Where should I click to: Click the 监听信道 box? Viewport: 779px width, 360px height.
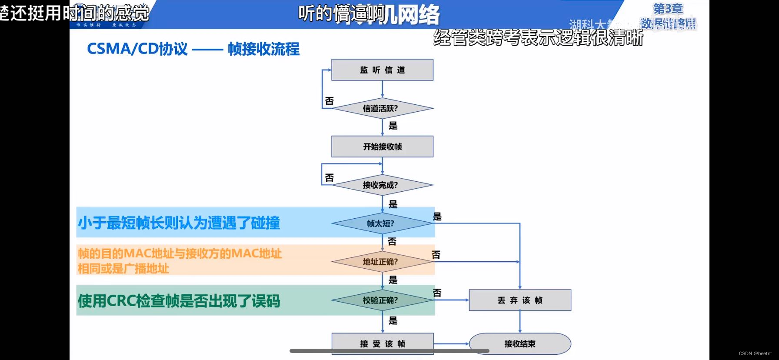tap(382, 70)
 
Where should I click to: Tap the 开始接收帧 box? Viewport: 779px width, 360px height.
tap(382, 147)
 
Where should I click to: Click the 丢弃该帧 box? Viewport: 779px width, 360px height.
tap(520, 300)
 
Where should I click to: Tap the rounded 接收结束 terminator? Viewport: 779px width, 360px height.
tap(520, 344)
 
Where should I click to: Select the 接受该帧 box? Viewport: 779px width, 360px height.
tap(382, 343)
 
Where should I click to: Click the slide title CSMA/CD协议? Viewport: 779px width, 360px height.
tap(137, 49)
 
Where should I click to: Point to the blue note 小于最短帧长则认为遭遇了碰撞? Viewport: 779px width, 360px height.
tap(179, 223)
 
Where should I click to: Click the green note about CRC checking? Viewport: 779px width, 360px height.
tap(179, 301)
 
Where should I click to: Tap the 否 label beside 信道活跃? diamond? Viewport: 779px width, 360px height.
tap(330, 101)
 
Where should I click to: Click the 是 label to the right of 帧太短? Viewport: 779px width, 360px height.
tap(437, 217)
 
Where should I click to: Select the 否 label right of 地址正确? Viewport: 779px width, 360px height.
tap(436, 254)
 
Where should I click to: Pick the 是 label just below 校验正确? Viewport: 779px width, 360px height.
tap(393, 321)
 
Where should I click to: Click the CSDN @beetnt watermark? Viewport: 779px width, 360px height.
tap(755, 353)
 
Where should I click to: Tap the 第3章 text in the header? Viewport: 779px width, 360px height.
tap(668, 9)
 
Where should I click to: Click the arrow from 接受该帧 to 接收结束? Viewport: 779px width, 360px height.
tap(451, 344)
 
